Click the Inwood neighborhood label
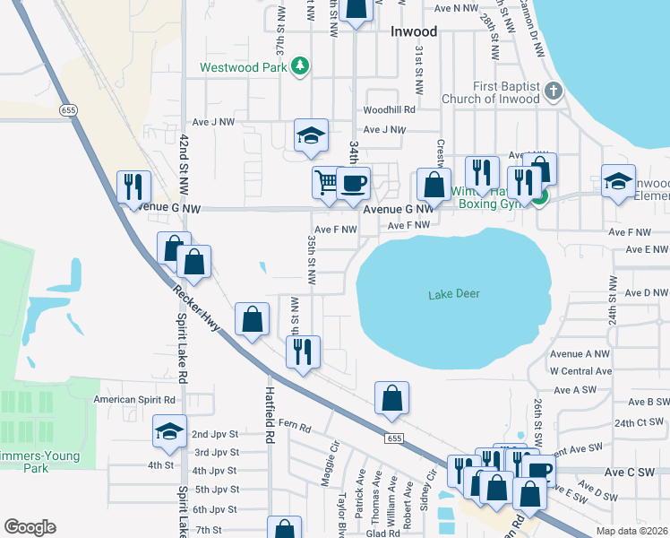[x=414, y=32]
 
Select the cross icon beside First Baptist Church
[x=554, y=90]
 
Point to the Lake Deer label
[x=453, y=294]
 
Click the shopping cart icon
[x=325, y=182]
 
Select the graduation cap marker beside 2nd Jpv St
[x=169, y=430]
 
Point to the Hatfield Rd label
[x=268, y=414]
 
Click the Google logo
[x=30, y=527]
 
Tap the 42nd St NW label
[x=184, y=166]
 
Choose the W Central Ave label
[x=580, y=370]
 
